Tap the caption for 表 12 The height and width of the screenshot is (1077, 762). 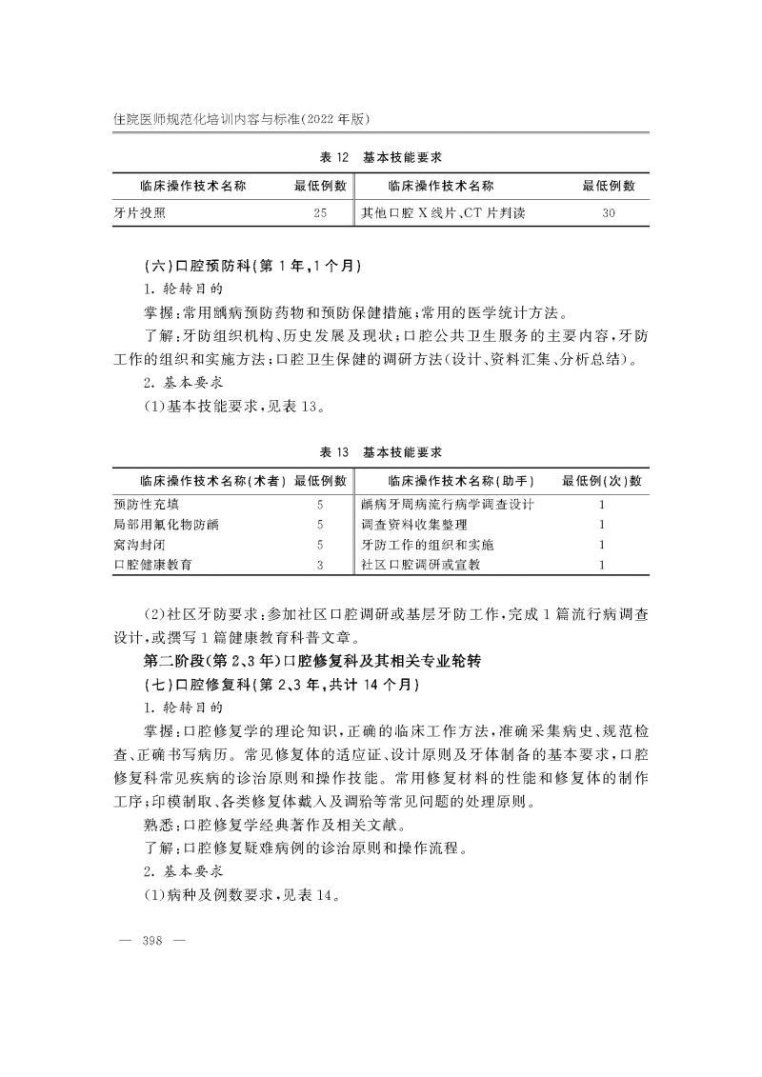click(x=381, y=157)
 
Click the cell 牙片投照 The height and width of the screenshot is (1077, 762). click(x=140, y=213)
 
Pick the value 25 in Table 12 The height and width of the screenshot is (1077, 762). click(x=320, y=213)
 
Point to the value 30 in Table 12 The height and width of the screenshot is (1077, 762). click(x=609, y=213)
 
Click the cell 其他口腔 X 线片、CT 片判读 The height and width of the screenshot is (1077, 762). click(x=443, y=213)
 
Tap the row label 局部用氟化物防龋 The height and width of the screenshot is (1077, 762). click(x=166, y=525)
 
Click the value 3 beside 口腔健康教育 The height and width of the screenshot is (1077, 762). click(x=320, y=565)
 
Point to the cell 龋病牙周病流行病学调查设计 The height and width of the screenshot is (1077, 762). click(x=448, y=505)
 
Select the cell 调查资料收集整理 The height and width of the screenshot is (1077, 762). click(x=414, y=525)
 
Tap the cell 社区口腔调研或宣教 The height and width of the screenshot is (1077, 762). click(x=421, y=565)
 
